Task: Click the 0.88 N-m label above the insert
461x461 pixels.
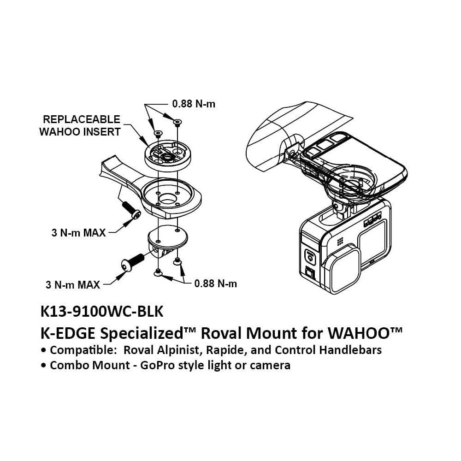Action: pyautogui.click(x=193, y=104)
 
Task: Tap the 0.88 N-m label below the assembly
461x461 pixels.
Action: pyautogui.click(x=215, y=284)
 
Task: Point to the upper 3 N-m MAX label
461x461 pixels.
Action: pyautogui.click(x=78, y=232)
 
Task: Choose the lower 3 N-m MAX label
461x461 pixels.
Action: pyautogui.click(x=73, y=284)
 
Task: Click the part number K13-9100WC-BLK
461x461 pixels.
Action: pyautogui.click(x=102, y=312)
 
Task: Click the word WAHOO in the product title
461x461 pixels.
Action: pyautogui.click(x=365, y=332)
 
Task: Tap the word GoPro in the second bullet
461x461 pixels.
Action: pyautogui.click(x=163, y=366)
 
